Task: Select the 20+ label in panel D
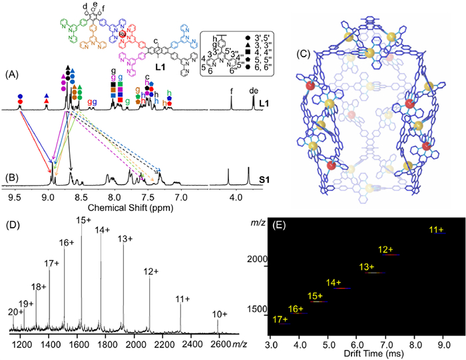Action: (x=15, y=311)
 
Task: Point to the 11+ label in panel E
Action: (x=437, y=230)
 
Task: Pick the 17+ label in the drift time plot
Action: (x=281, y=319)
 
